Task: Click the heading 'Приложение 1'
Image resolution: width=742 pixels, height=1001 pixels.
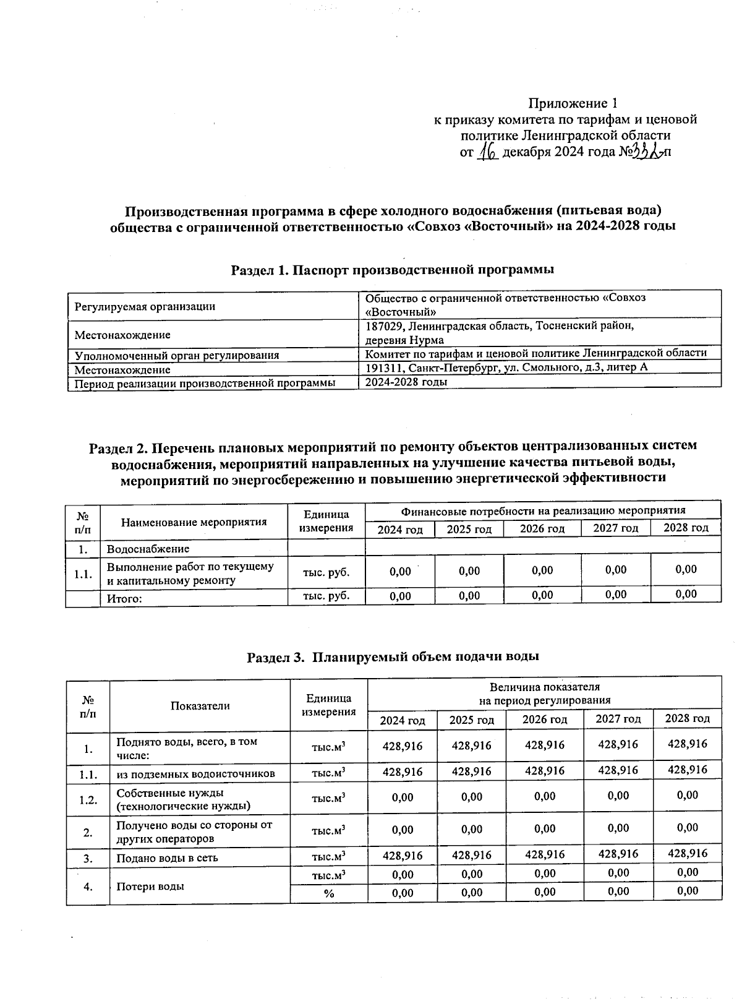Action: point(573,103)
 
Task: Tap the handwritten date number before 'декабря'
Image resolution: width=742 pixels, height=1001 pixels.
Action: point(488,152)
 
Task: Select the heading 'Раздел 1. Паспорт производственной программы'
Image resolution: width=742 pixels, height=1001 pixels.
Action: point(392,270)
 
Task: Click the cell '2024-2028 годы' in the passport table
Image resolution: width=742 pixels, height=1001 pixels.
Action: point(406,382)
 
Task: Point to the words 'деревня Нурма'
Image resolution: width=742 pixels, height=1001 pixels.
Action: point(404,340)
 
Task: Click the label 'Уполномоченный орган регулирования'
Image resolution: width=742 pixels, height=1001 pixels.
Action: point(177,356)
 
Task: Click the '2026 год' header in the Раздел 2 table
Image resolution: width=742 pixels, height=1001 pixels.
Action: point(542,529)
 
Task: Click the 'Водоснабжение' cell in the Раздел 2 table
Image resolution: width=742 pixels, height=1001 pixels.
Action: point(148,549)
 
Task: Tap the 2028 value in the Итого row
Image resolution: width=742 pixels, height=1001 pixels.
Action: point(686,595)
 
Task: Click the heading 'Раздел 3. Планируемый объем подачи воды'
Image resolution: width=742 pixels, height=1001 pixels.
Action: point(393,656)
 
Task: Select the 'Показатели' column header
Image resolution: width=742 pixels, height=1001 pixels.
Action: point(200,706)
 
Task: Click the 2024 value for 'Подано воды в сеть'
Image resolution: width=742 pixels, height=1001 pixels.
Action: point(403,856)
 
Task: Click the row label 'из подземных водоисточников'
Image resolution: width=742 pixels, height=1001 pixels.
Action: point(195,774)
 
